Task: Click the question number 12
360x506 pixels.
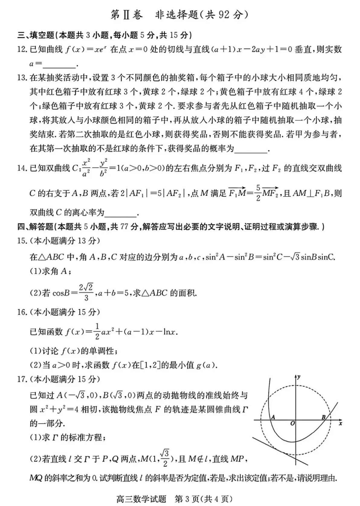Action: pos(22,50)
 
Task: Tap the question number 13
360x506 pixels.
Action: pos(22,78)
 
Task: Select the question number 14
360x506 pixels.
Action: pos(22,168)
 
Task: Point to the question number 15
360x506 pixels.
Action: pos(22,241)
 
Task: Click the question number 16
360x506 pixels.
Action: pos(22,312)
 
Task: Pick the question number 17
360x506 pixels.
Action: pos(22,379)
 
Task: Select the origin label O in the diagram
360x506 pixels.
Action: pos(292,424)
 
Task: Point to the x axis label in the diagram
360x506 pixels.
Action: pos(340,424)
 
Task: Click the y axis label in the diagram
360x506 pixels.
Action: pos(299,377)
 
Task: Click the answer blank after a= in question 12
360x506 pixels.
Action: pos(60,64)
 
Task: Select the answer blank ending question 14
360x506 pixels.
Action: pos(120,213)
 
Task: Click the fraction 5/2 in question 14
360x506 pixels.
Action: pos(258,193)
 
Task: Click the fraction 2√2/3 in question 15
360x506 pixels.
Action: pos(86,292)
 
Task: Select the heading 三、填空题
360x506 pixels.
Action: pos(36,35)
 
